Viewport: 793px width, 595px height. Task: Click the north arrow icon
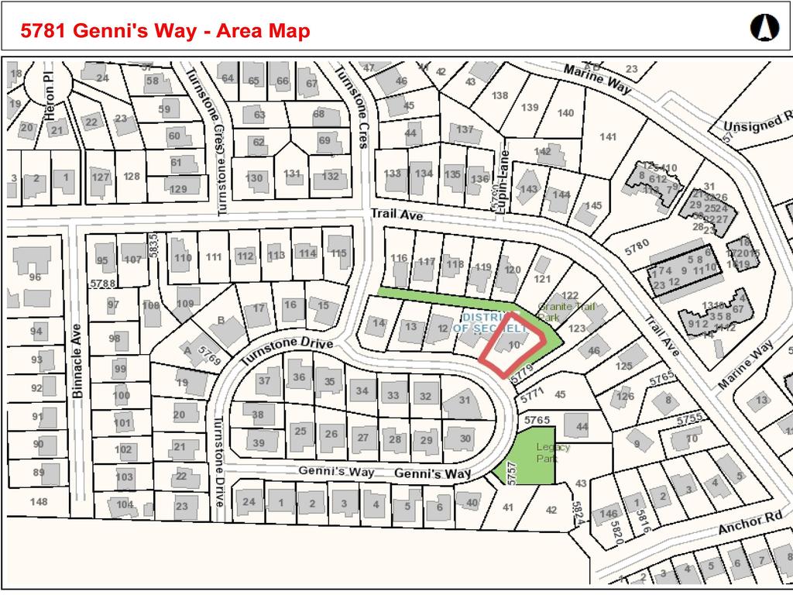pyautogui.click(x=764, y=29)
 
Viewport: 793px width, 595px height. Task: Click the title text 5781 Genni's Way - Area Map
pyautogui.click(x=166, y=31)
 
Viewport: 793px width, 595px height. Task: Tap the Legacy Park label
pyautogui.click(x=553, y=452)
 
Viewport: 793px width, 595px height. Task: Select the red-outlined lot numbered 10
pyautogui.click(x=514, y=344)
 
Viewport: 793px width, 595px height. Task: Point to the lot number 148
pyautogui.click(x=38, y=501)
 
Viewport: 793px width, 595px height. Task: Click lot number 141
pyautogui.click(x=608, y=137)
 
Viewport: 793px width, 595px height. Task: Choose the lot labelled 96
pyautogui.click(x=34, y=277)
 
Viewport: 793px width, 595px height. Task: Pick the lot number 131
pyautogui.click(x=292, y=174)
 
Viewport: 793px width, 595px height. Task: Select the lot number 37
pyautogui.click(x=264, y=380)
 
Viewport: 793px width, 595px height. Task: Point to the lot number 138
pyautogui.click(x=499, y=95)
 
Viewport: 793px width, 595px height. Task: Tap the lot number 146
pyautogui.click(x=609, y=513)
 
